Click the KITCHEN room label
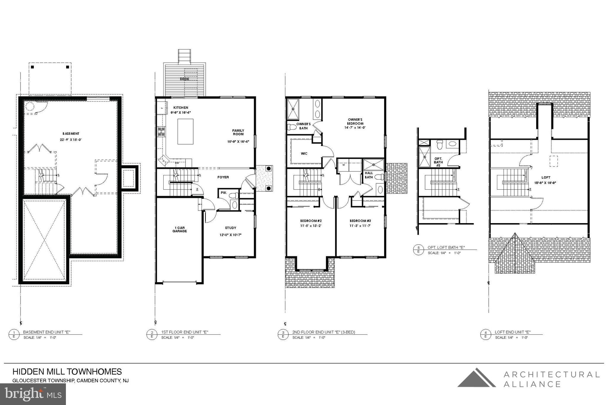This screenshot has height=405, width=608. click(181, 108)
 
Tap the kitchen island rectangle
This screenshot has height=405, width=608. click(185, 131)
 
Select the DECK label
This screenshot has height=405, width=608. click(184, 79)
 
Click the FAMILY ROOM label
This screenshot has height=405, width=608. click(238, 132)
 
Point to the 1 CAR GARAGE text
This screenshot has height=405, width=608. click(180, 229)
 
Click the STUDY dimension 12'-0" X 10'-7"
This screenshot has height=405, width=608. click(230, 235)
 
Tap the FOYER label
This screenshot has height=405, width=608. click(223, 177)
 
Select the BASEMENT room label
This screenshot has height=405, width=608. click(71, 134)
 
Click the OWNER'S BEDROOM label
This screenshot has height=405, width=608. click(355, 121)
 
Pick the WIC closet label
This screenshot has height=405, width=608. click(304, 153)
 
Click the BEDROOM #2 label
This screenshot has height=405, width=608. click(311, 221)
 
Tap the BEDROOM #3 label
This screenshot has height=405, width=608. click(360, 221)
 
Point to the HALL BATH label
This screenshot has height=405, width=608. click(369, 175)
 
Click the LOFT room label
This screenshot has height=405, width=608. click(546, 177)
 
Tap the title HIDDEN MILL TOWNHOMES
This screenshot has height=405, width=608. click(67, 372)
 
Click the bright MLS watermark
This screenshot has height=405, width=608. click(33, 394)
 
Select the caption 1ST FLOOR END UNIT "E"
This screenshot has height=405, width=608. click(185, 332)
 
